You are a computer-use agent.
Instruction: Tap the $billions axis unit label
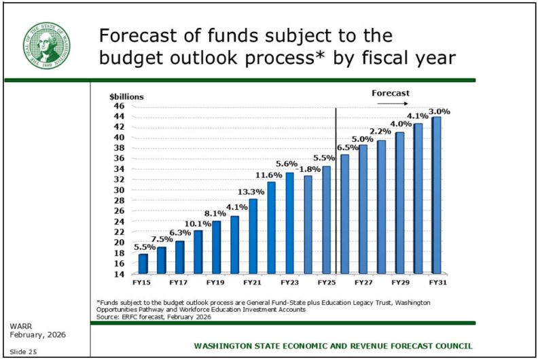(126, 96)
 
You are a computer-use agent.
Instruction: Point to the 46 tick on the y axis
(119, 106)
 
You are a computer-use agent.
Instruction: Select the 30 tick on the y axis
(119, 190)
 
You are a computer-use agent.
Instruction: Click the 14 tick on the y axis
(119, 274)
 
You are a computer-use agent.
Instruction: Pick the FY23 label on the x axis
(289, 281)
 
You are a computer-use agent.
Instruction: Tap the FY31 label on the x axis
(436, 281)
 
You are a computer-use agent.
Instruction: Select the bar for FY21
(253, 235)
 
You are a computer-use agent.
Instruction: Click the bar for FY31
(436, 194)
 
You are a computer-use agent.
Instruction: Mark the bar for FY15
(143, 262)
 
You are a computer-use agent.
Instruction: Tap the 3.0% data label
(440, 111)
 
